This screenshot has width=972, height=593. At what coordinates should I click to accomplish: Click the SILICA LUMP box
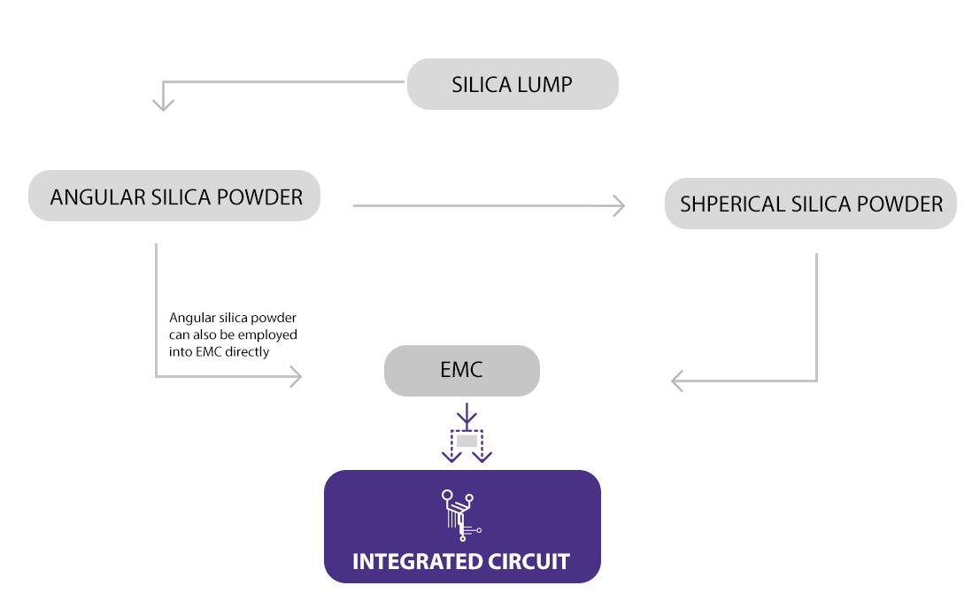click(512, 85)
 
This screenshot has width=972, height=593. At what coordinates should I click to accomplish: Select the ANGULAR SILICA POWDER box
click(174, 196)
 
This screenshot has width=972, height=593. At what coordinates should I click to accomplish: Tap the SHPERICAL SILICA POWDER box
click(810, 204)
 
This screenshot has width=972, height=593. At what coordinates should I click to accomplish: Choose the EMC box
click(461, 370)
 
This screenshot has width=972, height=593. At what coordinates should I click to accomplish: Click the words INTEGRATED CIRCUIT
click(461, 561)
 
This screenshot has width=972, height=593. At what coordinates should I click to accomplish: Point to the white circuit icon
click(459, 513)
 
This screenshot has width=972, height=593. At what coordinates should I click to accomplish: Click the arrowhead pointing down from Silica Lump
click(163, 104)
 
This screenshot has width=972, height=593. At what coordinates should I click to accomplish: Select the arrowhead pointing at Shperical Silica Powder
click(618, 205)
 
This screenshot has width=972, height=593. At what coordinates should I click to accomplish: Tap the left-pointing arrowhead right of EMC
click(678, 381)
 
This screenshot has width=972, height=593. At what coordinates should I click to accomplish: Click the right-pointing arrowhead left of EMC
click(295, 377)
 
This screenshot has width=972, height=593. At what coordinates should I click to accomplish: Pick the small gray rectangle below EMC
click(467, 440)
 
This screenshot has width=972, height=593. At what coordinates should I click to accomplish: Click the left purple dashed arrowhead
click(451, 456)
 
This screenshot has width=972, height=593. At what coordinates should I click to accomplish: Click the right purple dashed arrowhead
click(482, 456)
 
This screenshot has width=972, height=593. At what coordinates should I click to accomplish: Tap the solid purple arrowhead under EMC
click(467, 417)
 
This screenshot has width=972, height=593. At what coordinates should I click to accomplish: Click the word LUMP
click(546, 85)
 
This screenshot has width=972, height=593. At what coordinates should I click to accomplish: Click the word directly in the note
click(248, 351)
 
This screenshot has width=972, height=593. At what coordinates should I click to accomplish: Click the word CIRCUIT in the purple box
click(528, 561)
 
